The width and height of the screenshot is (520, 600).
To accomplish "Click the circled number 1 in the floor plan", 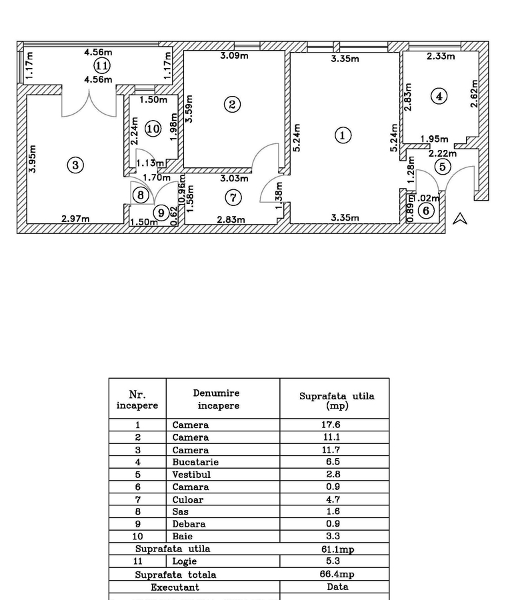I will [x=342, y=135].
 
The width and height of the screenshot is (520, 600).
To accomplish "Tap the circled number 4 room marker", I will [x=439, y=96].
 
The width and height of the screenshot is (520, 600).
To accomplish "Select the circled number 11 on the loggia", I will [x=101, y=65].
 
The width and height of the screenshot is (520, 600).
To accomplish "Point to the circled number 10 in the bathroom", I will [x=153, y=128].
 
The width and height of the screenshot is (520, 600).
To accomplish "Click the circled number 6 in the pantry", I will [x=427, y=211].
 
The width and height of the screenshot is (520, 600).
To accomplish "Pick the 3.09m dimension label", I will [x=235, y=56].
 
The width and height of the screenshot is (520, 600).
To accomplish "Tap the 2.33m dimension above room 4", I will [x=441, y=57].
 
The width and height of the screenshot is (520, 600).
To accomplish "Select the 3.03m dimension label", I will [x=234, y=178].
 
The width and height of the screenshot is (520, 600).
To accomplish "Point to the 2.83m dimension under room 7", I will [x=231, y=220].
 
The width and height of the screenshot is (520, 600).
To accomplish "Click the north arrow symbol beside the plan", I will [x=460, y=218].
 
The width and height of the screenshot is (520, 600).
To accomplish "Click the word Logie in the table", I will [x=185, y=561].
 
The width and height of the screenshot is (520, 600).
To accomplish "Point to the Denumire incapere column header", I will [x=216, y=399].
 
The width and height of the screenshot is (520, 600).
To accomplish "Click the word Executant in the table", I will [x=175, y=587].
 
